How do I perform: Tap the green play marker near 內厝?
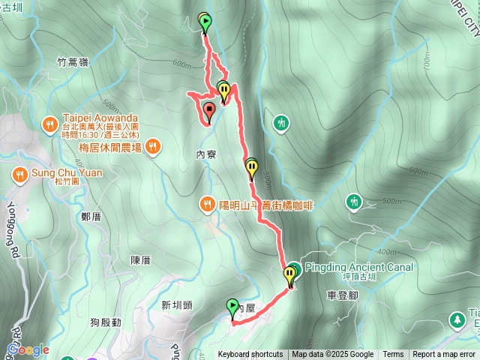[x=232, y=305]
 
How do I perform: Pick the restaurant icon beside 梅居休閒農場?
[x=153, y=145]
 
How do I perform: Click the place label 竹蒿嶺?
[x=72, y=62]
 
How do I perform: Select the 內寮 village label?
[x=205, y=154]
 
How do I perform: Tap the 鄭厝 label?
[x=91, y=217]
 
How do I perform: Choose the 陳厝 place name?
[x=140, y=260]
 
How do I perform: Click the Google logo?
[x=28, y=349]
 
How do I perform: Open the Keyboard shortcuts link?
[x=250, y=355]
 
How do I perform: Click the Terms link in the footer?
[x=393, y=355]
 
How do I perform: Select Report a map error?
[x=444, y=355]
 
